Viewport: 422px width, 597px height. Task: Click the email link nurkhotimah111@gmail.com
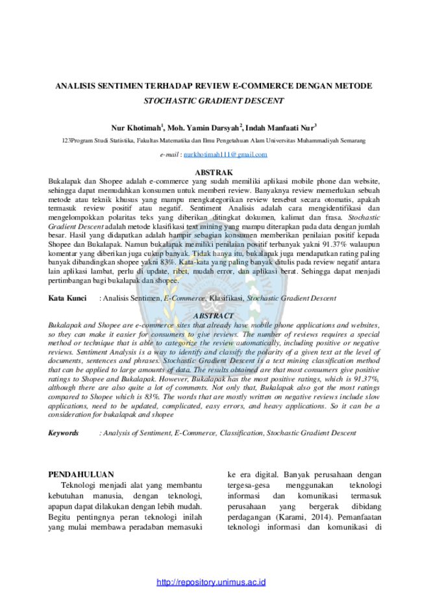(225, 154)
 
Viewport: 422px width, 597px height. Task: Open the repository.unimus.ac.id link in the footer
(211, 582)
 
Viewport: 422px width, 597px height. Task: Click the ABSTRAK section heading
(214, 172)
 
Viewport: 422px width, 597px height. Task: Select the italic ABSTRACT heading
(214, 316)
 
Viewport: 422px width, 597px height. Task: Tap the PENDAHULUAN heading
(81, 474)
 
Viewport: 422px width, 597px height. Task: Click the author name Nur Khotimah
(136, 127)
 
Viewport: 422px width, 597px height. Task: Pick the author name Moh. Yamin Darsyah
(203, 127)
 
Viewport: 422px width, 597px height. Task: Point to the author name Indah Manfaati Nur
(280, 127)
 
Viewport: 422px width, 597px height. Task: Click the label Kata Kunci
(68, 298)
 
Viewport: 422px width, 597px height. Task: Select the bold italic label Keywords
(63, 433)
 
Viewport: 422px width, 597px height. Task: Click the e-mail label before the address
(169, 155)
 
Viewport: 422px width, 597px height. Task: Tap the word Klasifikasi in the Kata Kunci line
(227, 298)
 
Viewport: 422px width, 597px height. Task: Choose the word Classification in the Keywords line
(242, 433)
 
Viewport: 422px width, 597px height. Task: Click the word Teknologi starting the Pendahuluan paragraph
(79, 485)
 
